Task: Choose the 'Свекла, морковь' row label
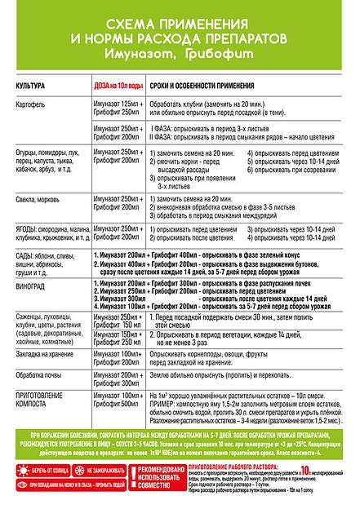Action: (41, 198)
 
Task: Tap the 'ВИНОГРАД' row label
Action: (33, 287)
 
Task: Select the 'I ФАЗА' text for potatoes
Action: (163, 129)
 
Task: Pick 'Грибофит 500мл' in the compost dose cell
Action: (119, 403)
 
